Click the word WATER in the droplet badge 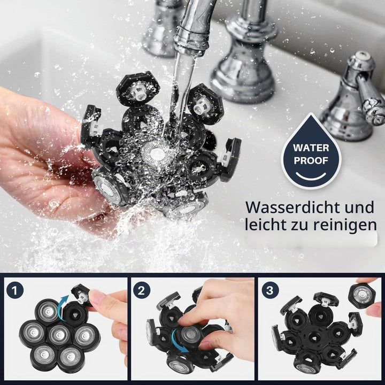click(311, 148)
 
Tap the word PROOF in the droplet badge click(311, 160)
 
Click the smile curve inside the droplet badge click(311, 176)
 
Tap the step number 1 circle click(15, 290)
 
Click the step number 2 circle click(141, 290)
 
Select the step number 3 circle click(270, 290)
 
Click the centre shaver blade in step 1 click(59, 334)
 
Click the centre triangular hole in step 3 click(314, 338)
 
